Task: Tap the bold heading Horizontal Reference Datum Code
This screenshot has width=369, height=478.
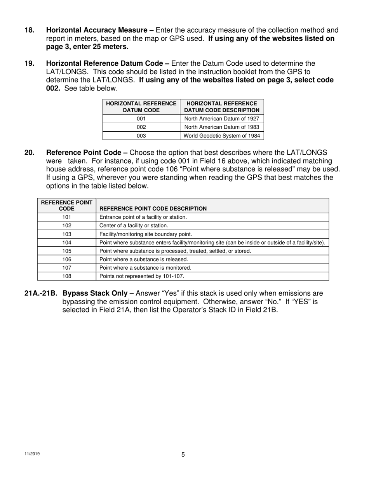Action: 108,63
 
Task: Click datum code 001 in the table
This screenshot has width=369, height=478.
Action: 141,119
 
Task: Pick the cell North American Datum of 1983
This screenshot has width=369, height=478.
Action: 221,127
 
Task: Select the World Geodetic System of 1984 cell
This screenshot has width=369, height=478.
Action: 221,136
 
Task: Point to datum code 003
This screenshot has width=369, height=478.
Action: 141,136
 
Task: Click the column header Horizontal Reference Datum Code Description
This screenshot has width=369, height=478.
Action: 221,107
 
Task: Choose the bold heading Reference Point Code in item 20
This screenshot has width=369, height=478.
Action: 87,153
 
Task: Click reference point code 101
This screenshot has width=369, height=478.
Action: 66,217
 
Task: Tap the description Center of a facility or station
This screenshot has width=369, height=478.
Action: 134,225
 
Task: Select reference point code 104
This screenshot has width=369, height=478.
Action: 66,242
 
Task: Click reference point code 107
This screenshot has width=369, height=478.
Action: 66,268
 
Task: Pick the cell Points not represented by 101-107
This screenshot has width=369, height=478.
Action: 142,276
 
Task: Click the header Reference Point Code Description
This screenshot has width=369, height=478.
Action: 153,209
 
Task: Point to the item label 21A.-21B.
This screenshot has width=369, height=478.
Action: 42,293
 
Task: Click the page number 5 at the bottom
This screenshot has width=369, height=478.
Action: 183,455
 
